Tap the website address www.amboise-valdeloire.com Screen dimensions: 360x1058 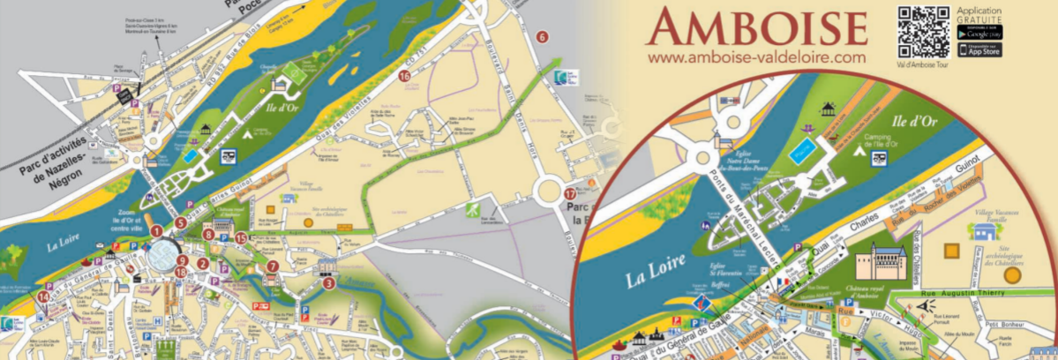coord(756,56)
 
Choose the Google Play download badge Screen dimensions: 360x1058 coord(979,32)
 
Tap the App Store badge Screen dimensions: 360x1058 coord(979,50)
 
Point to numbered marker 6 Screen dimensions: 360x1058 coord(543,36)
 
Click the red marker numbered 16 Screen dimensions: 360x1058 coord(404,77)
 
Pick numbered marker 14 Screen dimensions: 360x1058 coord(42,296)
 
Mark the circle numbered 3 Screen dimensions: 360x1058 coord(328,283)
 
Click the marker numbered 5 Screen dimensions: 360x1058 coord(180,223)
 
